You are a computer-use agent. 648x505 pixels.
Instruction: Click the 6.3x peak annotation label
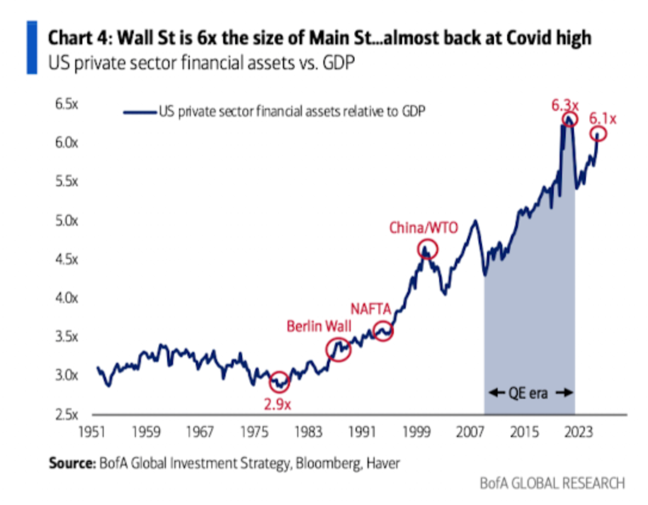coord(564,106)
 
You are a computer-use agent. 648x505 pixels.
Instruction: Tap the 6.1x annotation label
coord(603,119)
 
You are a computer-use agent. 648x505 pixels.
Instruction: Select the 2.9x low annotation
coord(278,403)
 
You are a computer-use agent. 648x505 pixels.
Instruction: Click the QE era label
coord(529,393)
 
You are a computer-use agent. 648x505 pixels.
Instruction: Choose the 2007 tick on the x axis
coord(471,431)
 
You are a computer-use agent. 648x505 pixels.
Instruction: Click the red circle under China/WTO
coord(427,249)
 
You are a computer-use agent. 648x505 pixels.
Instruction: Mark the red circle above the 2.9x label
coord(279,381)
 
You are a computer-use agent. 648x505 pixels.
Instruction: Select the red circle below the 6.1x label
coord(599,134)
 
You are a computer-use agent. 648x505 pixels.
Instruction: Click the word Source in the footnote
coord(70,463)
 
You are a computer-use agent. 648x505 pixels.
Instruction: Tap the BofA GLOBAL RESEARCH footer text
coord(553,482)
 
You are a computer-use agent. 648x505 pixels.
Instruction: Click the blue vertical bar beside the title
coord(32,48)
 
